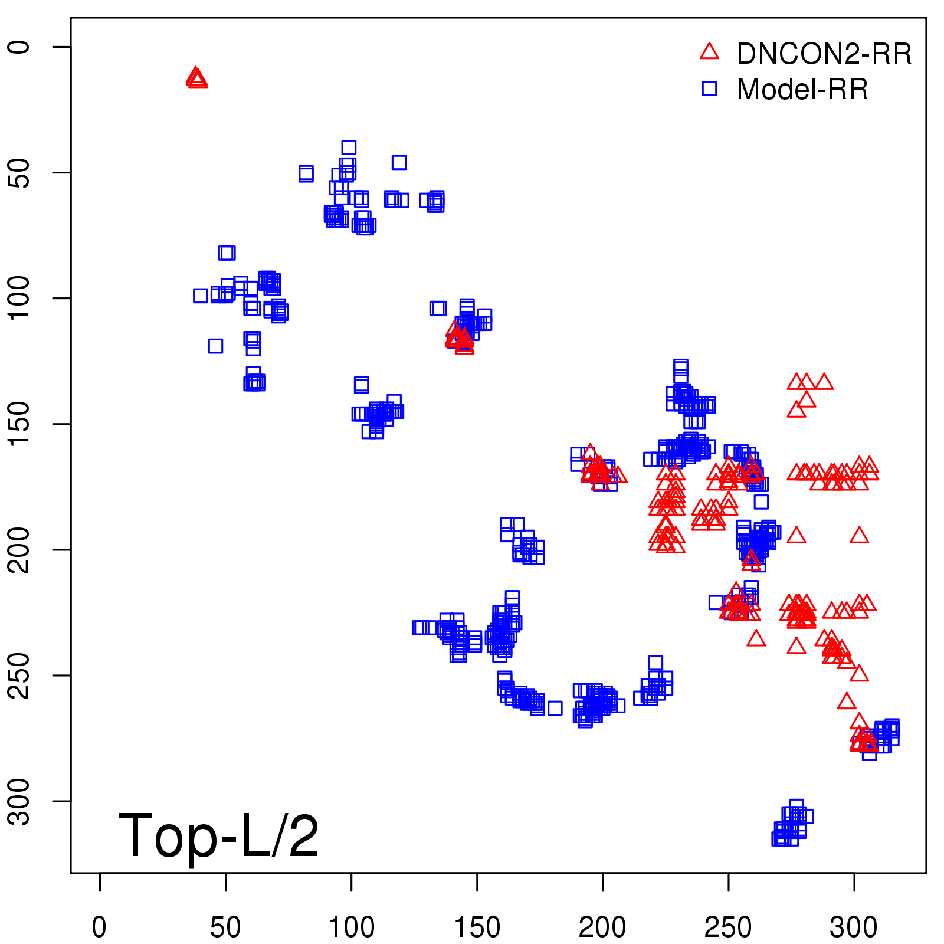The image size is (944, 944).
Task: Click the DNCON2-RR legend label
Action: pyautogui.click(x=824, y=54)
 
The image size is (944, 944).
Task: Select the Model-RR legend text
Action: pyautogui.click(x=802, y=90)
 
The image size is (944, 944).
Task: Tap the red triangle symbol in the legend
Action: pyautogui.click(x=709, y=52)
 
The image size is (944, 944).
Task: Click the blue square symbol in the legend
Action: pyautogui.click(x=709, y=88)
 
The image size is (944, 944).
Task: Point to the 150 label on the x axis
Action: pyautogui.click(x=477, y=927)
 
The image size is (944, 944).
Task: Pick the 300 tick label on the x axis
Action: pyautogui.click(x=854, y=927)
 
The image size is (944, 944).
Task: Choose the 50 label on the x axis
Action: pyautogui.click(x=225, y=927)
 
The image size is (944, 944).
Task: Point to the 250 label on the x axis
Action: pyautogui.click(x=728, y=927)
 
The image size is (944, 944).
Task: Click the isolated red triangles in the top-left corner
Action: pyautogui.click(x=196, y=78)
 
